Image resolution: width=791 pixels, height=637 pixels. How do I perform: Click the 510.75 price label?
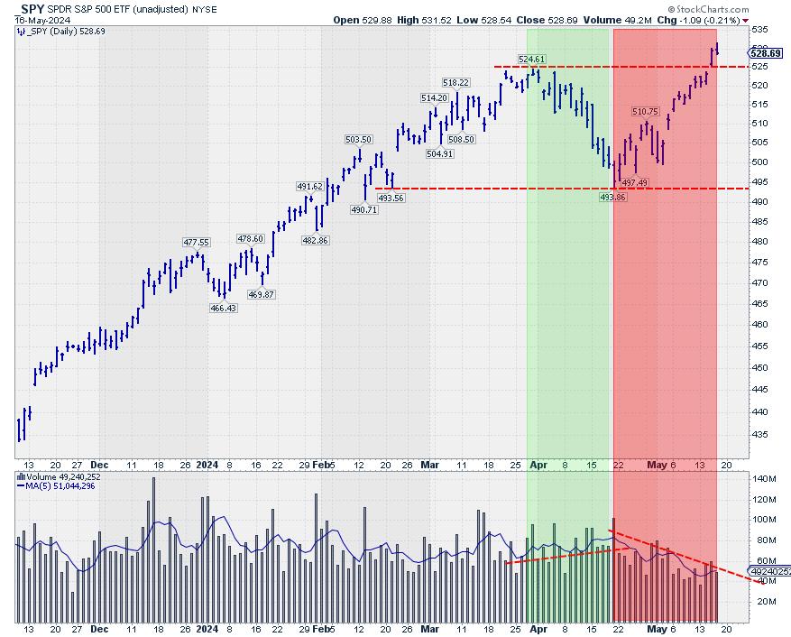point(646,111)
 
